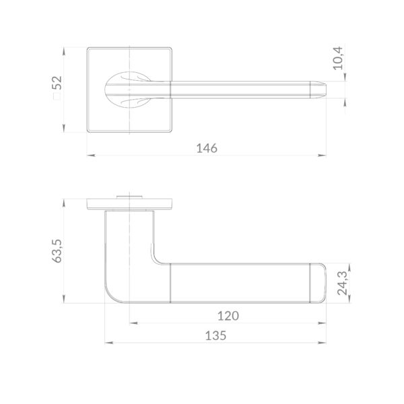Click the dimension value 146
(x=207, y=148)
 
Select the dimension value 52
(x=59, y=82)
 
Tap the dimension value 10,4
(x=338, y=58)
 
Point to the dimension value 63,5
(x=57, y=251)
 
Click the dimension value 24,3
(x=343, y=283)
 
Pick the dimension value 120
(x=228, y=316)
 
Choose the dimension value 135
(x=215, y=336)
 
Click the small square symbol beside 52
(x=57, y=96)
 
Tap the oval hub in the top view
(x=128, y=90)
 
